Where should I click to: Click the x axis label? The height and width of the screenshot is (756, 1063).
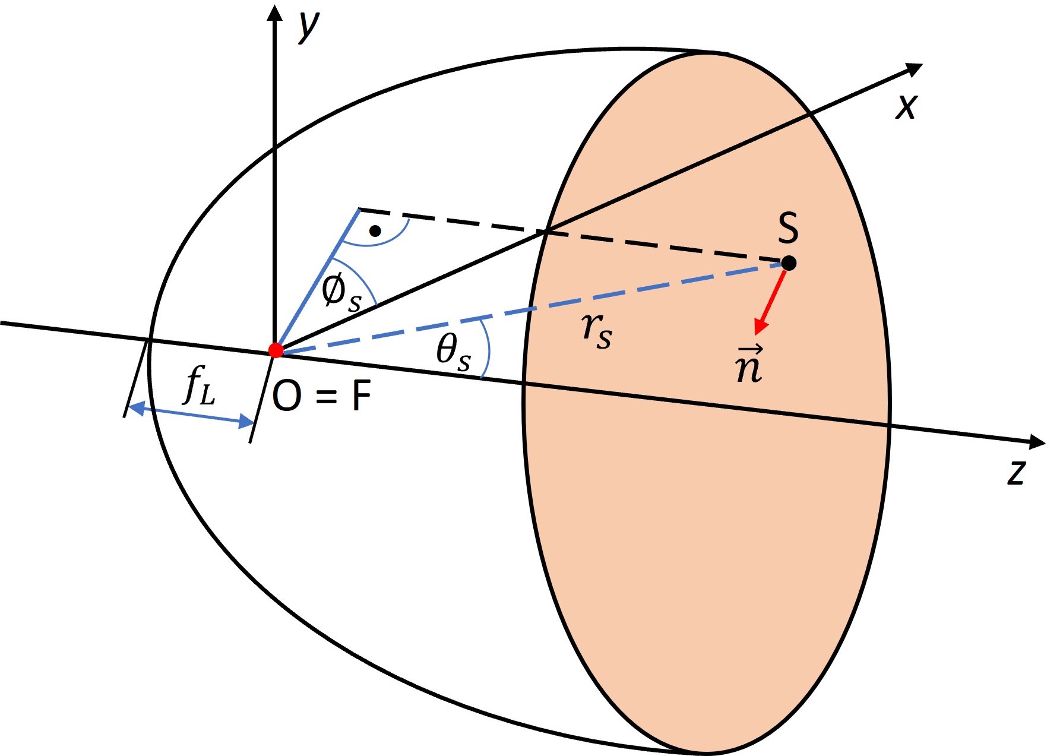[x=907, y=107]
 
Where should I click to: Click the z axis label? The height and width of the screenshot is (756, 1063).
[x=1017, y=473]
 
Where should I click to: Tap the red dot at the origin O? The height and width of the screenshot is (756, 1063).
[x=276, y=350]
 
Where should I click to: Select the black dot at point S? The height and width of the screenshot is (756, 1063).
[x=789, y=262]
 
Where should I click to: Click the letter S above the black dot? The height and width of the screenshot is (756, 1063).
[x=788, y=228]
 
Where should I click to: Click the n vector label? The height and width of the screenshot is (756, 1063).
[x=748, y=365]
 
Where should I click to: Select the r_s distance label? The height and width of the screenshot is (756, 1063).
[x=596, y=330]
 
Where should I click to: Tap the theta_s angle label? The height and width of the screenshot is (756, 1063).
[x=453, y=352]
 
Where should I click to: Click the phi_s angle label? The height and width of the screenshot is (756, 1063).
[x=340, y=293]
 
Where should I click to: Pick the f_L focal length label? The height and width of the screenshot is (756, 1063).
[x=199, y=386]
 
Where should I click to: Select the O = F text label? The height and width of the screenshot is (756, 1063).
[x=321, y=397]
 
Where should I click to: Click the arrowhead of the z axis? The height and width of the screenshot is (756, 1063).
[x=1036, y=442]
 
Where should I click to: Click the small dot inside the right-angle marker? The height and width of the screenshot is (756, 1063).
[x=375, y=230]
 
